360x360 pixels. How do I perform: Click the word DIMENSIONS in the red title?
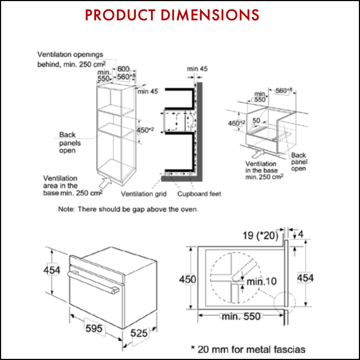click(210, 15)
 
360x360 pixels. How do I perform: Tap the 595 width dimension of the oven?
click(93, 329)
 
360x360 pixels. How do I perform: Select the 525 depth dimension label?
click(139, 333)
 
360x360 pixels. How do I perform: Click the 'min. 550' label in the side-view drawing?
click(241, 316)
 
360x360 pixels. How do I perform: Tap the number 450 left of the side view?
click(188, 279)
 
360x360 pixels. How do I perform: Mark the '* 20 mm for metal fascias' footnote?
click(248, 349)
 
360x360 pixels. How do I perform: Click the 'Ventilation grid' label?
click(144, 194)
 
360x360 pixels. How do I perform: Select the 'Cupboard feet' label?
click(199, 194)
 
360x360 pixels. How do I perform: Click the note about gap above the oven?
click(128, 209)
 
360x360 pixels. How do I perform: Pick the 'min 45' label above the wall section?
click(197, 69)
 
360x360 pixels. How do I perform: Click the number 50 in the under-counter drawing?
click(256, 121)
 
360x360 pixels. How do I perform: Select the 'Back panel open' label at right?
click(298, 162)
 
